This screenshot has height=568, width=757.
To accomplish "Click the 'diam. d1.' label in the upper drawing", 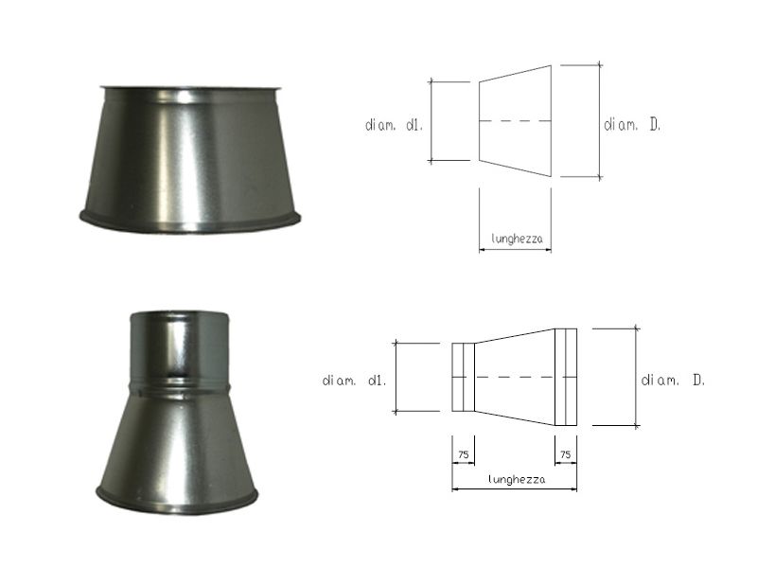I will pyautogui.click(x=391, y=124).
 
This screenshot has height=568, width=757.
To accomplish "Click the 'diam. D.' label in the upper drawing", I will pyautogui.click(x=632, y=124).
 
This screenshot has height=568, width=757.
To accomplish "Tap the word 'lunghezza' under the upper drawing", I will pyautogui.click(x=515, y=240).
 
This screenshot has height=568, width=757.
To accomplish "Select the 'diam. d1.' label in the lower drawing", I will pyautogui.click(x=353, y=381).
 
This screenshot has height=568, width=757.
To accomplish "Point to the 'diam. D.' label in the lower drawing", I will pyautogui.click(x=673, y=381).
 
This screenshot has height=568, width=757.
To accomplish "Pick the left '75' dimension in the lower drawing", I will pyautogui.click(x=464, y=455).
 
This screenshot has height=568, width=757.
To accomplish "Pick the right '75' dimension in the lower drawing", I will pyautogui.click(x=566, y=455).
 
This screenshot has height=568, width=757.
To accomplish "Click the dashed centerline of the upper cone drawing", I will pyautogui.click(x=515, y=121).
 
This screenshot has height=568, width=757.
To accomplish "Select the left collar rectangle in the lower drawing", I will pyautogui.click(x=463, y=377).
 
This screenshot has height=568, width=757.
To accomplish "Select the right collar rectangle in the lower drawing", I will pyautogui.click(x=565, y=377).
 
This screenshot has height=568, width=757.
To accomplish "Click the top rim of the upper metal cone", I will pyautogui.click(x=189, y=90).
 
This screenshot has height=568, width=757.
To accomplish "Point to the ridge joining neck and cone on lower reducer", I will pyautogui.click(x=178, y=384).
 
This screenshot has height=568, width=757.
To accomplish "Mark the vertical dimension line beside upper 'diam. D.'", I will pyautogui.click(x=599, y=121).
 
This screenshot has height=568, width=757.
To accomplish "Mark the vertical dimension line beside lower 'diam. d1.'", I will pyautogui.click(x=396, y=377).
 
